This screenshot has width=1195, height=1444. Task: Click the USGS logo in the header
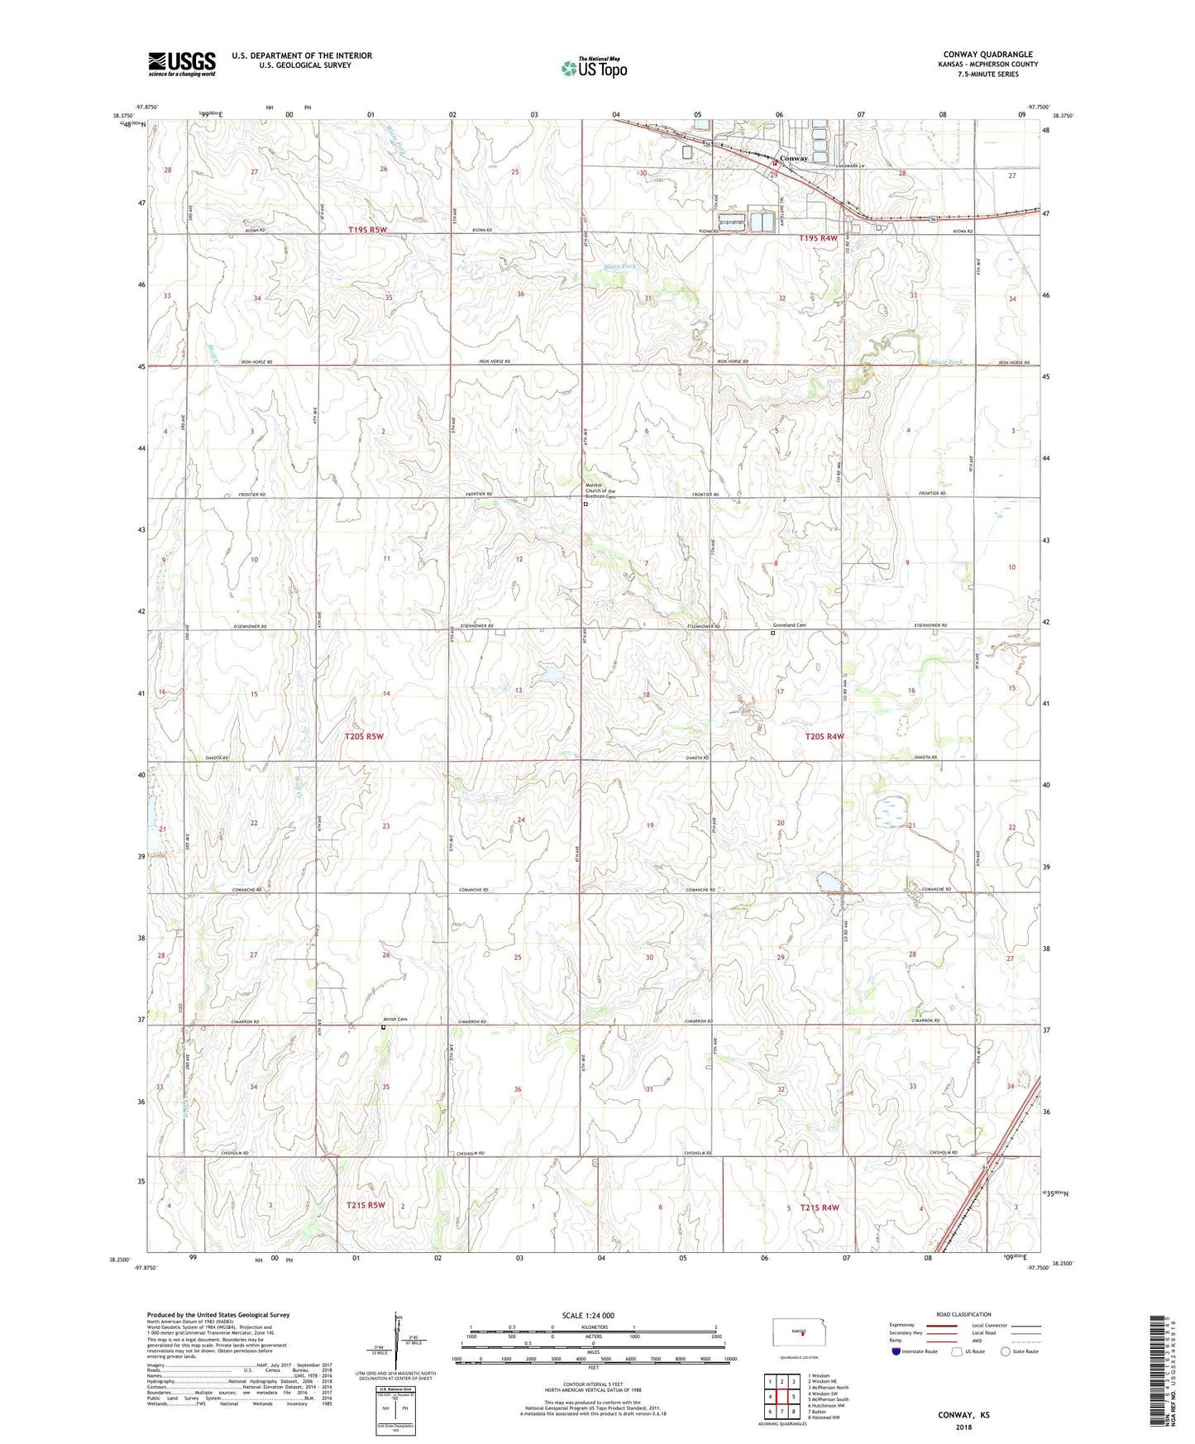click(182, 64)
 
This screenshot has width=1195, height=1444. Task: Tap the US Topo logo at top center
click(593, 68)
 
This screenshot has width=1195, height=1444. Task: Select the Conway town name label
click(793, 158)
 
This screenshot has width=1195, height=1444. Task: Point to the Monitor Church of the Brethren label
click(600, 490)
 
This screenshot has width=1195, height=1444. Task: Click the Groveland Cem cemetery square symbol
click(773, 634)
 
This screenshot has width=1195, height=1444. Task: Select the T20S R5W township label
click(364, 735)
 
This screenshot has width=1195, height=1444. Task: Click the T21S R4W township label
click(819, 1207)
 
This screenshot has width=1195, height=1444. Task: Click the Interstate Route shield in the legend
click(896, 1351)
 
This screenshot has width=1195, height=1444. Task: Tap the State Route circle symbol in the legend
click(1006, 1351)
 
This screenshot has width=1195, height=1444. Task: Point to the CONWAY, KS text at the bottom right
click(963, 1415)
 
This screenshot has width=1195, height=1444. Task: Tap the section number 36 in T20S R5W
click(518, 1089)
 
